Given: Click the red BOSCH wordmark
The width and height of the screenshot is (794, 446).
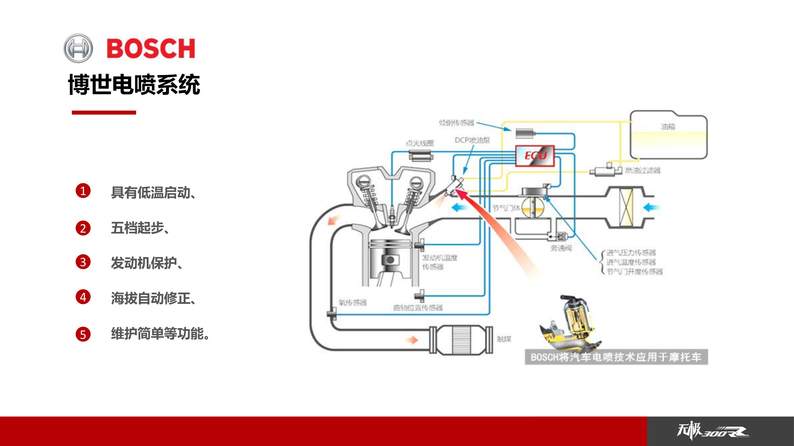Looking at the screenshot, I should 151,48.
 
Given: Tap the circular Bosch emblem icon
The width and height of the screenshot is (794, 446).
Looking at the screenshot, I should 78,48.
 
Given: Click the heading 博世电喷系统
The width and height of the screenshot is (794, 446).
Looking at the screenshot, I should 134,84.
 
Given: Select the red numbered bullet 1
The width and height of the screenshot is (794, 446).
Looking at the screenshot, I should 83,191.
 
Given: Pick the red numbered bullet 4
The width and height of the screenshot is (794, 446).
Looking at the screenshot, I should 83,297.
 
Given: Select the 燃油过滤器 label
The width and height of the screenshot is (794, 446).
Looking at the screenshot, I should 643,171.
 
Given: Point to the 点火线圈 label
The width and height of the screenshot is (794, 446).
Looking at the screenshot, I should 420,143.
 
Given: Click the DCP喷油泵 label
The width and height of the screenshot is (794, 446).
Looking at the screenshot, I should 472,140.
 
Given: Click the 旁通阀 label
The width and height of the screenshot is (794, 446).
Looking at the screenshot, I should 561,248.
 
